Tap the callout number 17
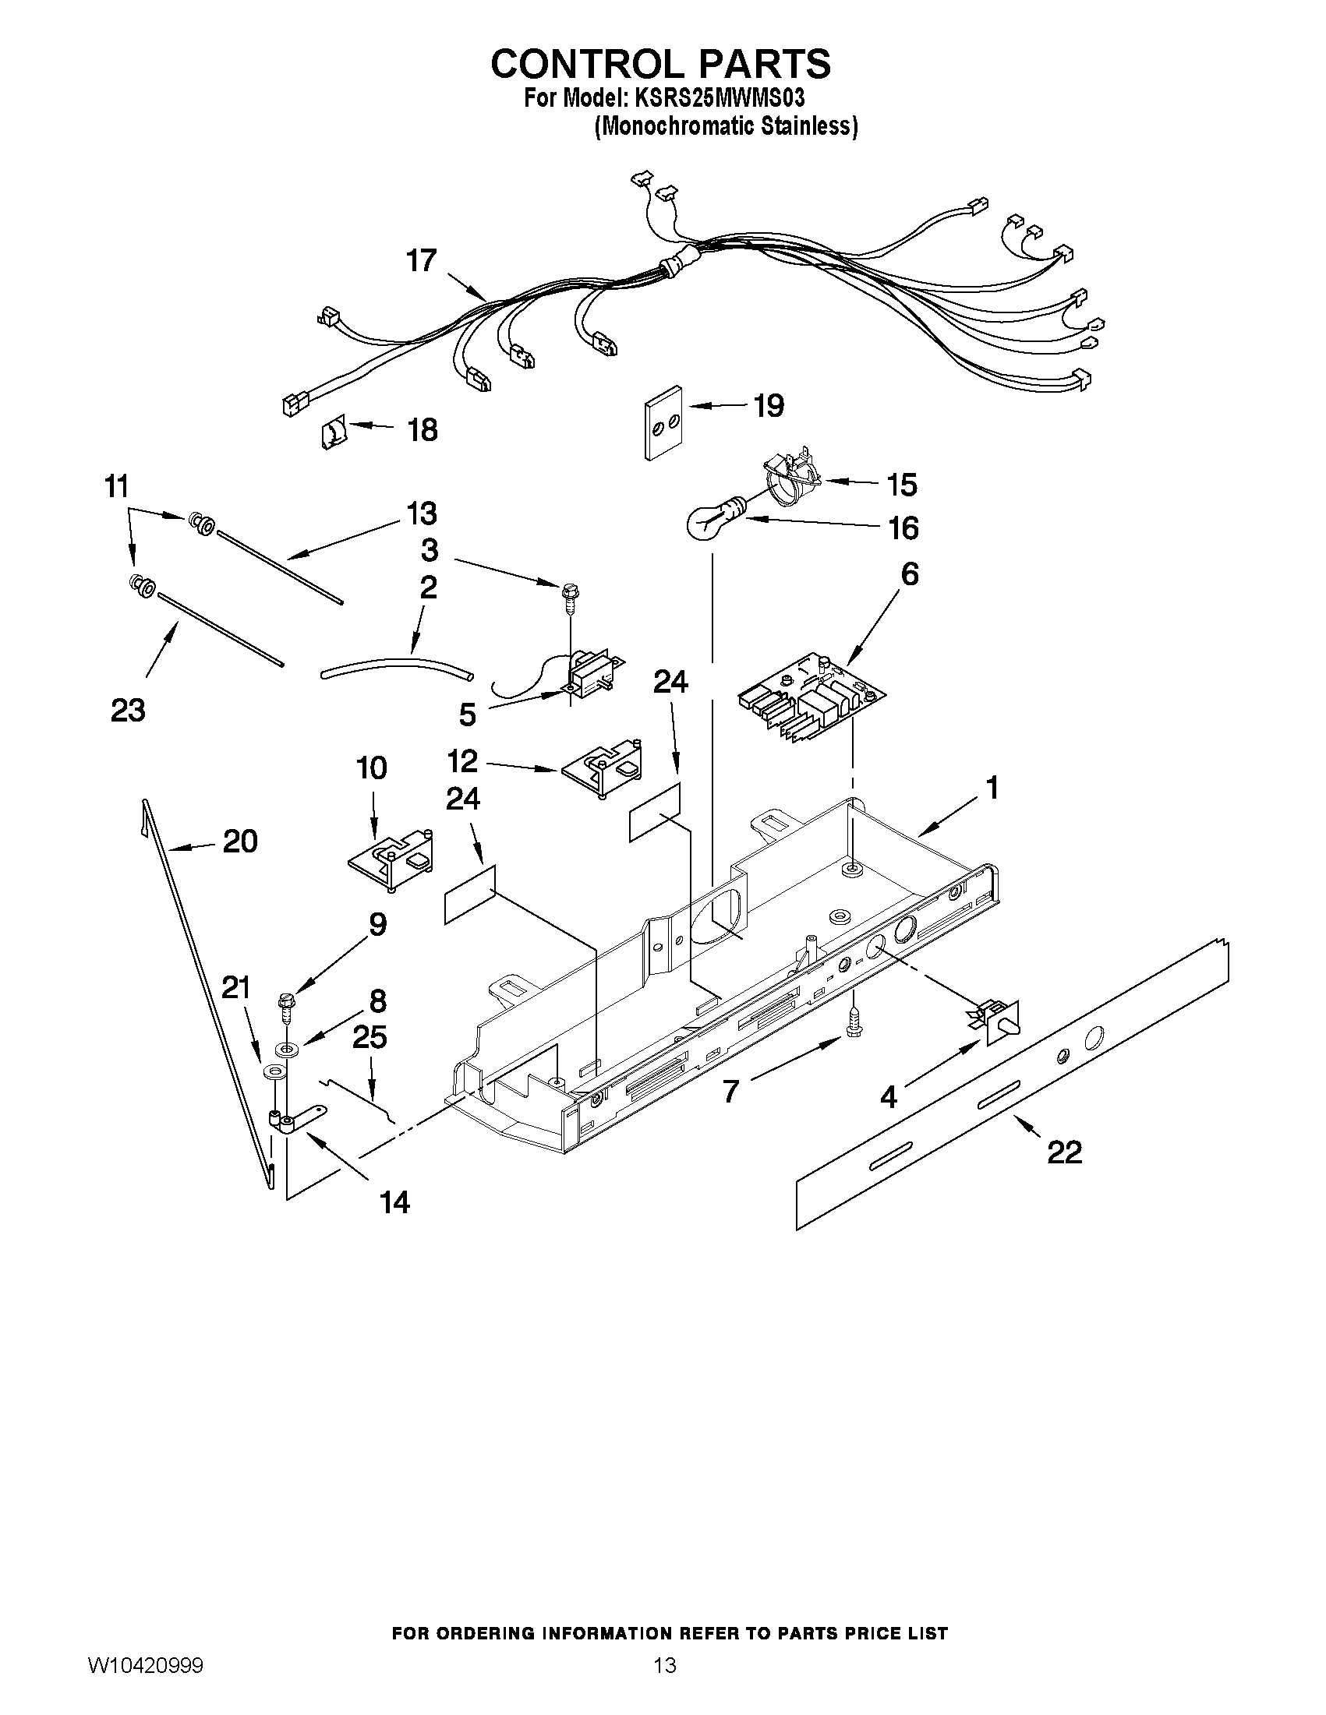point(422,261)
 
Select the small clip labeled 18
point(334,432)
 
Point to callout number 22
point(1063,1152)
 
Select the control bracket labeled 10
point(391,860)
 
